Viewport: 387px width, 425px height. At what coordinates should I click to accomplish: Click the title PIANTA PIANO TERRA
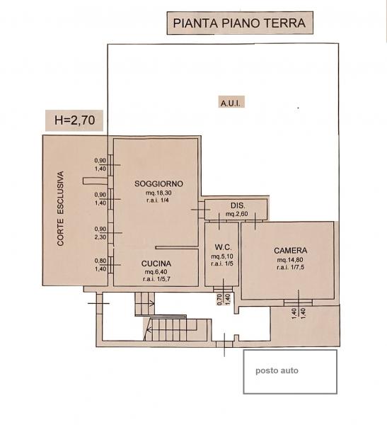pos(239,23)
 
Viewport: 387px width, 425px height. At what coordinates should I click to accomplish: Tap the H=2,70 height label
pos(74,120)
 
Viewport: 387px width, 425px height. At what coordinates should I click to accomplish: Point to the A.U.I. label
pos(231,103)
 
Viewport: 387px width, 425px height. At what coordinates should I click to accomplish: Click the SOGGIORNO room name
pos(158,183)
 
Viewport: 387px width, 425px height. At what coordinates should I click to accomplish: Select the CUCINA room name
pos(156,263)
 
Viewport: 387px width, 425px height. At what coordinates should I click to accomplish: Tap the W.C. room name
pos(224,247)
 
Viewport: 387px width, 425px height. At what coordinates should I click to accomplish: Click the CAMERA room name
pos(290,251)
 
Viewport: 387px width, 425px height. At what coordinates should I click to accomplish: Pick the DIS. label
pos(238,205)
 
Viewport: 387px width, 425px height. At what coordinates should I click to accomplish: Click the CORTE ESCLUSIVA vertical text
pos(61,209)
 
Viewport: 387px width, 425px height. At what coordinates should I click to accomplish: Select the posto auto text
pos(277,370)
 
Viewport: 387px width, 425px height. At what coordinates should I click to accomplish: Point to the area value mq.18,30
pos(158,193)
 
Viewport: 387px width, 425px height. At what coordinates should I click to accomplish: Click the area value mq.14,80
pos(290,260)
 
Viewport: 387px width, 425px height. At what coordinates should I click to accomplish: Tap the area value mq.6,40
pos(156,272)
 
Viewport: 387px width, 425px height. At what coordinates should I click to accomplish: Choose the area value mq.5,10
pos(222,256)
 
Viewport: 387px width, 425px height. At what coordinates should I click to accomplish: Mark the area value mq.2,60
pos(237,214)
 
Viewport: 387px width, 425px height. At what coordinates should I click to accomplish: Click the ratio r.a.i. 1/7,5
pos(291,268)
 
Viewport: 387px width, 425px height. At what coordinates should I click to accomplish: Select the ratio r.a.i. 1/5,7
pos(156,279)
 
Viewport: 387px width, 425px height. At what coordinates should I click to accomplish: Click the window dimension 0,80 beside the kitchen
pos(100,261)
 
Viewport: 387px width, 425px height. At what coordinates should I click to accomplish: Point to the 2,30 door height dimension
pos(100,237)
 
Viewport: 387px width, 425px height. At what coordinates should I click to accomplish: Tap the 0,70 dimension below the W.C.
pos(219,300)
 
